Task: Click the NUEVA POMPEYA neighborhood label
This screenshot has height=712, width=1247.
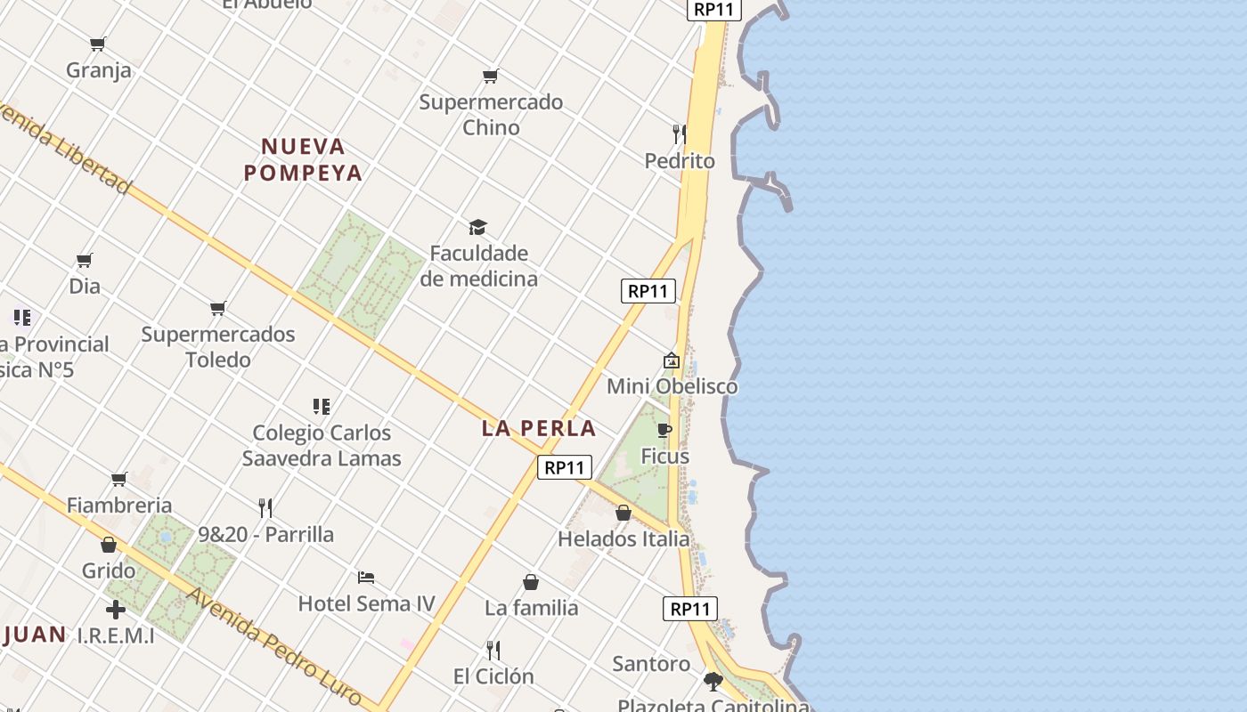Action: click(x=303, y=159)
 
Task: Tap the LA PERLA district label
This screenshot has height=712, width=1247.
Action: click(x=538, y=428)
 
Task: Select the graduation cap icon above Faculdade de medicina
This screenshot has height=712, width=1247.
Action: click(x=478, y=228)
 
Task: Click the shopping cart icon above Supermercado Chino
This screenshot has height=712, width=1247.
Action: click(x=491, y=77)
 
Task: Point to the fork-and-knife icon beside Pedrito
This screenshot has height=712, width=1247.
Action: click(x=679, y=134)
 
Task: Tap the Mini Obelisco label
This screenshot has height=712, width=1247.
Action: click(x=672, y=386)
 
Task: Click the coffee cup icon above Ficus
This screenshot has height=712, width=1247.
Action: click(x=664, y=431)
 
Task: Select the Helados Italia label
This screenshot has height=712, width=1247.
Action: click(x=623, y=538)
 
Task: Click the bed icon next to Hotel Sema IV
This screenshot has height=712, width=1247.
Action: click(x=365, y=578)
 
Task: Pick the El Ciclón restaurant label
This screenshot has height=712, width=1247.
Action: click(x=493, y=676)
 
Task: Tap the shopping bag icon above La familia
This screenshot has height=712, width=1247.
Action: click(x=531, y=583)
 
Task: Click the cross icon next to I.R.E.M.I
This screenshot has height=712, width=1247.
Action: click(x=116, y=610)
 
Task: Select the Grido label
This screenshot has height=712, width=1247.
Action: click(x=109, y=570)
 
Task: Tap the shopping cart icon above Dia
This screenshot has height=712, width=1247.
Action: click(x=85, y=261)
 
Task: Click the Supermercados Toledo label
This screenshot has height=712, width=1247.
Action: click(x=218, y=347)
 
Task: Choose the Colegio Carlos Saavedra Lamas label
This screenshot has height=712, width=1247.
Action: click(x=322, y=445)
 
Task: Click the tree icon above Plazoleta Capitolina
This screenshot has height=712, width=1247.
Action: click(x=713, y=682)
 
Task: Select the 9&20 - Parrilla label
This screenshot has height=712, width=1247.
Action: click(x=265, y=534)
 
